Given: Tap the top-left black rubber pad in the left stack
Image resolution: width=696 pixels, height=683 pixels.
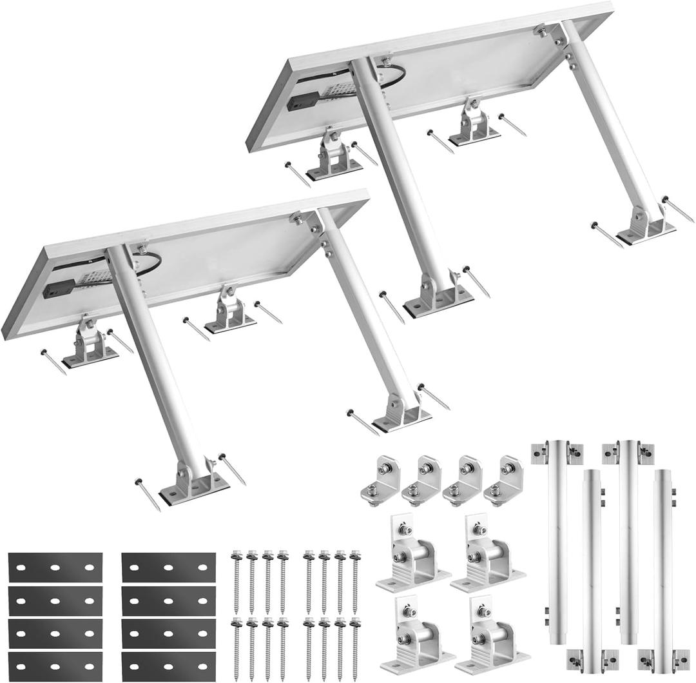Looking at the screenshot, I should (x=55, y=568).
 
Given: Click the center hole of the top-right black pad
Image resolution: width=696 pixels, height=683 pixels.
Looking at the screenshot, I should (x=168, y=568).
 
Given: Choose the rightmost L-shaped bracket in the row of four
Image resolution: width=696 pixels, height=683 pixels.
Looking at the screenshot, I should (x=504, y=480).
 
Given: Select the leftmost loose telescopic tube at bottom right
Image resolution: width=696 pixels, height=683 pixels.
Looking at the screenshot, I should (x=556, y=542).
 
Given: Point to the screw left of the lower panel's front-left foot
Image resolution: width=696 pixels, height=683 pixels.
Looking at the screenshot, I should (x=148, y=493).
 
